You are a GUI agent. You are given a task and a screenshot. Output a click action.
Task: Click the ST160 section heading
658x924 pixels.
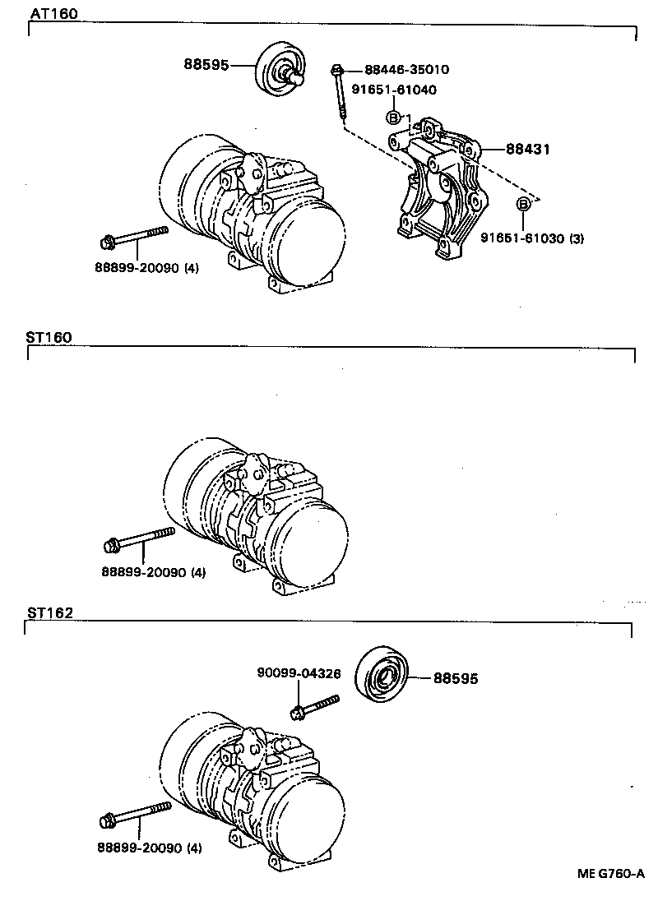[x=50, y=337]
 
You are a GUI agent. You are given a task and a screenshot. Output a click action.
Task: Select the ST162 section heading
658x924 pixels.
[x=50, y=612]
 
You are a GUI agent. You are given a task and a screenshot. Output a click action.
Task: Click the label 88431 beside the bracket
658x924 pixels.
[x=527, y=149]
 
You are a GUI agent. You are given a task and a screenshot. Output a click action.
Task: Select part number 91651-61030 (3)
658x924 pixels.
[x=532, y=238]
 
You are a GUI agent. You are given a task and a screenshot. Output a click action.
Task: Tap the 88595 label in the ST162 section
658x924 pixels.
[x=455, y=679]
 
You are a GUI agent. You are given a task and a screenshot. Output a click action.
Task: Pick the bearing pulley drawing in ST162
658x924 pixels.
[x=383, y=676]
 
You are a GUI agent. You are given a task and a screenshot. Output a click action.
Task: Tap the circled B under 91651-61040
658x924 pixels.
[x=393, y=118]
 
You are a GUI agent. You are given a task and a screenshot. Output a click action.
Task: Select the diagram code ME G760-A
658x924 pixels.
[x=609, y=875]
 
